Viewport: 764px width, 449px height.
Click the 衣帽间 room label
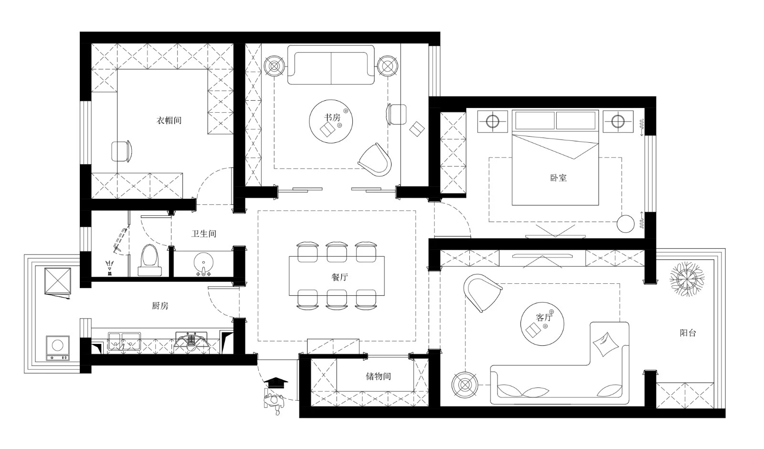point(169,120)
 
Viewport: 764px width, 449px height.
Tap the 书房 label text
point(332,118)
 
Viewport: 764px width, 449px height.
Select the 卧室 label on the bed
point(558,178)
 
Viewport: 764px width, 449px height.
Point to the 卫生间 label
point(203,234)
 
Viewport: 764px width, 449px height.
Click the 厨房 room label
point(160,306)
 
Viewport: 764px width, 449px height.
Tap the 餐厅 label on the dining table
point(340,277)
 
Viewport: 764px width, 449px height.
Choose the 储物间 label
point(378,376)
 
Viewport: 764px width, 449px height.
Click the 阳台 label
point(688,333)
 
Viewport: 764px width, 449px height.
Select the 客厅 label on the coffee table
point(544,318)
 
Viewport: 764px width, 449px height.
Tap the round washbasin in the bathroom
point(203,263)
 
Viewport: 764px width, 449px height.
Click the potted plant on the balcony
point(687,279)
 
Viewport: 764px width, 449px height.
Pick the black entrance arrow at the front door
point(276,383)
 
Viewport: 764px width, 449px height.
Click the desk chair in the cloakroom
point(122,151)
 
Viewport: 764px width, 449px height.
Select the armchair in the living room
point(482,292)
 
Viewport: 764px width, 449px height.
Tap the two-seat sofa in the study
point(331,65)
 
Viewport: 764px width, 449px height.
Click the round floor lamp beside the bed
point(626,224)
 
